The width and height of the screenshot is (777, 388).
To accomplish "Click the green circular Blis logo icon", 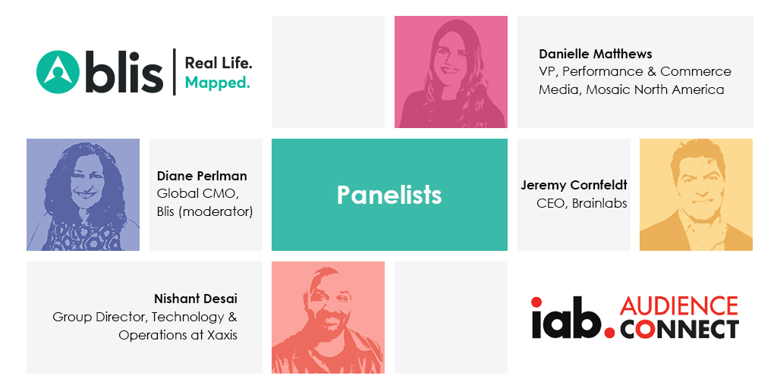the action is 58,72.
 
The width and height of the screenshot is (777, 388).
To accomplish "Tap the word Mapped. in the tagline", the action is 218,83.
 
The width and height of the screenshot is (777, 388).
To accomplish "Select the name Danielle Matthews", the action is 596,54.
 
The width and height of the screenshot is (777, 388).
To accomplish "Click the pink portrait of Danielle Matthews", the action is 451,72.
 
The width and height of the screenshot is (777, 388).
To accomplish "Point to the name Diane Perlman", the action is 202,176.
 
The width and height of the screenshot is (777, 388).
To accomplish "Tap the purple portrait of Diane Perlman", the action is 83,195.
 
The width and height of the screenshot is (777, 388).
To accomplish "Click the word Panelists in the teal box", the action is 389,195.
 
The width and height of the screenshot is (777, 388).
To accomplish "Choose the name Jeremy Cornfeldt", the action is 574,185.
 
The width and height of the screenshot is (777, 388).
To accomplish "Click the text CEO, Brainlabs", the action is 582,203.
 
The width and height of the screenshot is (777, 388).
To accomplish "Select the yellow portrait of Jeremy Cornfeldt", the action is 697,195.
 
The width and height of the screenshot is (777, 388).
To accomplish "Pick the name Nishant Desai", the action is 195,299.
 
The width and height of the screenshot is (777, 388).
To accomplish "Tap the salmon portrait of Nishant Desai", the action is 328,318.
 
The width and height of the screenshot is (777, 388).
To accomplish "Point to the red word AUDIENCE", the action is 679,306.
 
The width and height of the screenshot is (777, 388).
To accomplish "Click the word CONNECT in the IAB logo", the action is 679,329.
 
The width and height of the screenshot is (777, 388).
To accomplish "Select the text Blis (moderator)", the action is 205,212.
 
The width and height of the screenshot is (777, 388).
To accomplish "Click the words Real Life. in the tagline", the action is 219,63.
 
